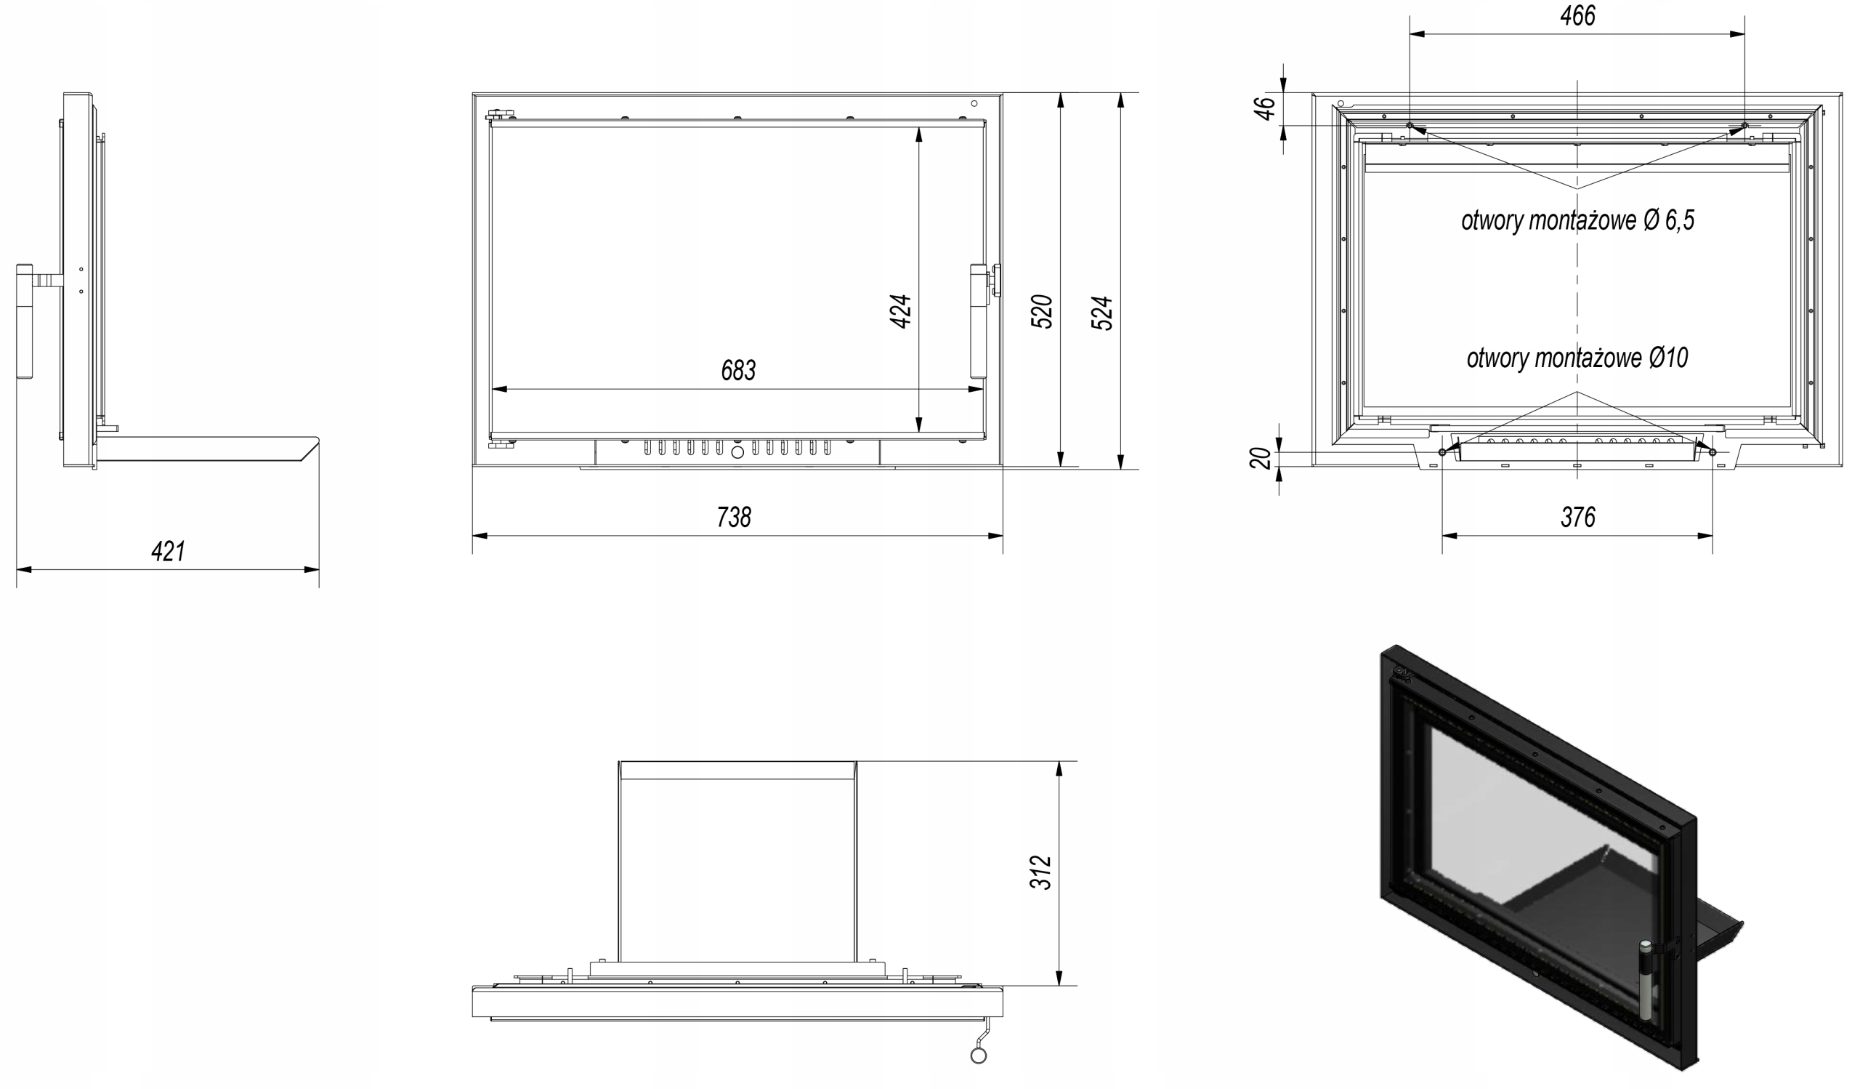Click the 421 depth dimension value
click(x=168, y=552)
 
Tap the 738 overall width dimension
click(x=734, y=518)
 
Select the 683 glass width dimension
click(x=738, y=371)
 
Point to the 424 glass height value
click(x=900, y=311)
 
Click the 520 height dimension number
click(x=1041, y=311)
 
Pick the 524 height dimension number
click(x=1101, y=313)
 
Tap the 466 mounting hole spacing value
click(x=1577, y=15)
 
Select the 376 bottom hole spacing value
click(x=1577, y=518)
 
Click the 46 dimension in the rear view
click(x=1265, y=108)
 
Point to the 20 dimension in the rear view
click(x=1261, y=458)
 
